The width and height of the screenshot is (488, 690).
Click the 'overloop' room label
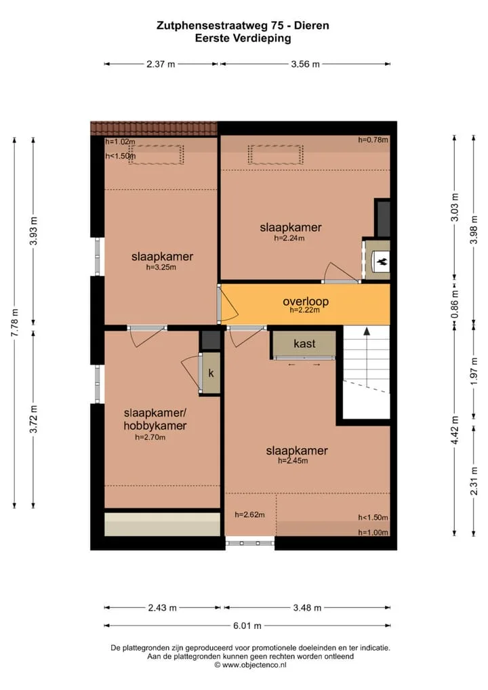pyautogui.click(x=306, y=302)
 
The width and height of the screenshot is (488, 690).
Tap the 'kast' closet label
pyautogui.click(x=304, y=343)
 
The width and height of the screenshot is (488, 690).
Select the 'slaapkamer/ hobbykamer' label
pyautogui.click(x=155, y=420)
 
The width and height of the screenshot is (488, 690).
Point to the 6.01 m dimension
pyautogui.click(x=247, y=626)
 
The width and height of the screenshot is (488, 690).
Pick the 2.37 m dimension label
pyautogui.click(x=161, y=64)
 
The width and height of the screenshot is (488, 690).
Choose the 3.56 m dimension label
pyautogui.click(x=306, y=64)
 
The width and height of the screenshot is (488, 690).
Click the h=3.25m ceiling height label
pyautogui.click(x=161, y=267)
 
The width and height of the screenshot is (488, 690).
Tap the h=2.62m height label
pyautogui.click(x=249, y=514)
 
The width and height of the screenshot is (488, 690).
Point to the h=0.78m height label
pyautogui.click(x=373, y=140)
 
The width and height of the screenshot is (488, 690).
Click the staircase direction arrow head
pyautogui.click(x=367, y=331)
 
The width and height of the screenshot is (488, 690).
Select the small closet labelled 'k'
pyautogui.click(x=211, y=373)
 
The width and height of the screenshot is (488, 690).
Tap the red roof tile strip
pyautogui.click(x=154, y=128)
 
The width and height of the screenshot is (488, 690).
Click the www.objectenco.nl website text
pyautogui.click(x=250, y=665)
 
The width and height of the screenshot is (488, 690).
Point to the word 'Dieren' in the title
pyautogui.click(x=312, y=26)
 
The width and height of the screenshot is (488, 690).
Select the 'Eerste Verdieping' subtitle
pyautogui.click(x=243, y=38)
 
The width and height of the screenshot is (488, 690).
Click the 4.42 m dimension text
pyautogui.click(x=455, y=430)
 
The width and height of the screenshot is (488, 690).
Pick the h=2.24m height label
pyautogui.click(x=289, y=238)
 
